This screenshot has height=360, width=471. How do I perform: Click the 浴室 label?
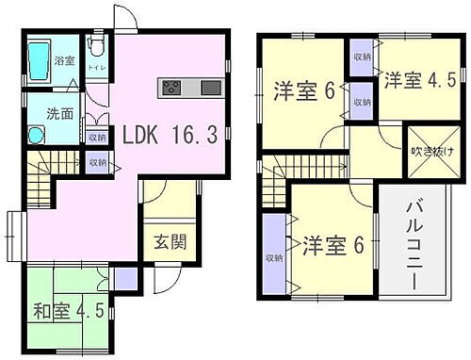point(64,59)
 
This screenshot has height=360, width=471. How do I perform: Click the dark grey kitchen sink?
point(210,87)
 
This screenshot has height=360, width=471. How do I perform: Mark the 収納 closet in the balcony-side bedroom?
point(272,254)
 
